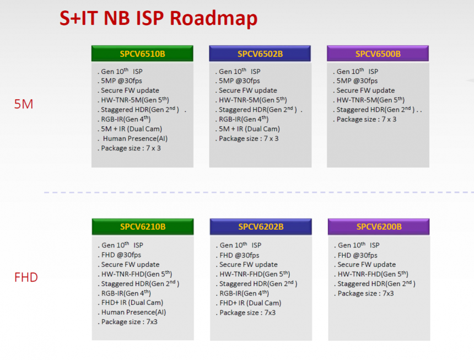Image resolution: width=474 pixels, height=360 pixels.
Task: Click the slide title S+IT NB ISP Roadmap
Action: [x=158, y=19]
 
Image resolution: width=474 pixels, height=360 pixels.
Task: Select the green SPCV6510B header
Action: [x=142, y=53]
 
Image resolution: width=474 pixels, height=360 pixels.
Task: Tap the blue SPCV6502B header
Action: [x=260, y=53]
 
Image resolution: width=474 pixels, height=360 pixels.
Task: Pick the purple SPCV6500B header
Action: [x=378, y=53]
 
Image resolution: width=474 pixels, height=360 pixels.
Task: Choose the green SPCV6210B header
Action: [x=143, y=227]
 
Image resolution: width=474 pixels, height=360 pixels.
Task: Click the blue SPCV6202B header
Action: [x=261, y=227]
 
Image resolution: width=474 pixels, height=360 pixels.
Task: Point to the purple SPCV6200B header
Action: [x=379, y=227]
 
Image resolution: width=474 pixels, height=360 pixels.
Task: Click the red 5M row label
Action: [x=24, y=104]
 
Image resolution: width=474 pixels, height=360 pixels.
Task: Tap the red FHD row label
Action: [x=26, y=277]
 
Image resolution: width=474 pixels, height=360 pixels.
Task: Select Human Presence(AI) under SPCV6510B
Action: [x=135, y=138]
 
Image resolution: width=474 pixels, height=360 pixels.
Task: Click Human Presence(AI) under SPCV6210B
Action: [x=133, y=312]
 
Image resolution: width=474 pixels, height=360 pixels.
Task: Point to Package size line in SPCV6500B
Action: [x=367, y=120]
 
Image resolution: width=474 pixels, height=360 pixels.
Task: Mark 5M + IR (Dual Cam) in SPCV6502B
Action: [x=249, y=129]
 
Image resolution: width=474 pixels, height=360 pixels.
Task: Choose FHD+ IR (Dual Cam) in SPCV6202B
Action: [x=250, y=303]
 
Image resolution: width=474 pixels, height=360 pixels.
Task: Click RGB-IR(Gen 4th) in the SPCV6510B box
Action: [x=126, y=119]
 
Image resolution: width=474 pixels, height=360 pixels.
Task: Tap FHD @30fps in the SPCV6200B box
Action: [x=358, y=255]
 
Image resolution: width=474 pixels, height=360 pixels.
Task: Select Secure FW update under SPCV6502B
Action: [x=248, y=90]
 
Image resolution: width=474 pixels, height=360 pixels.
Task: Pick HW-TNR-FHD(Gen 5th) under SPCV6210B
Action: [x=137, y=274]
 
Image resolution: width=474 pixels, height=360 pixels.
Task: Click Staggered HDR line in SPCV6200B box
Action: [x=376, y=283]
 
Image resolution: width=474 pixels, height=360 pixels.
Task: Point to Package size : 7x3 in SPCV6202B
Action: [x=247, y=313]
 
